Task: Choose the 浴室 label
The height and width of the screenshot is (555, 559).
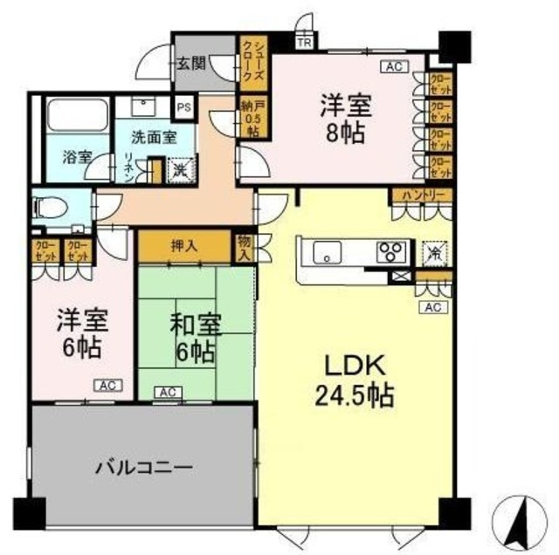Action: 75,158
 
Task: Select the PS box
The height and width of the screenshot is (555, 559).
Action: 183,107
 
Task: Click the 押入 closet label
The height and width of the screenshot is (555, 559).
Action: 184,246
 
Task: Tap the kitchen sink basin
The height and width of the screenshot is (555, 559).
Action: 328,253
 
